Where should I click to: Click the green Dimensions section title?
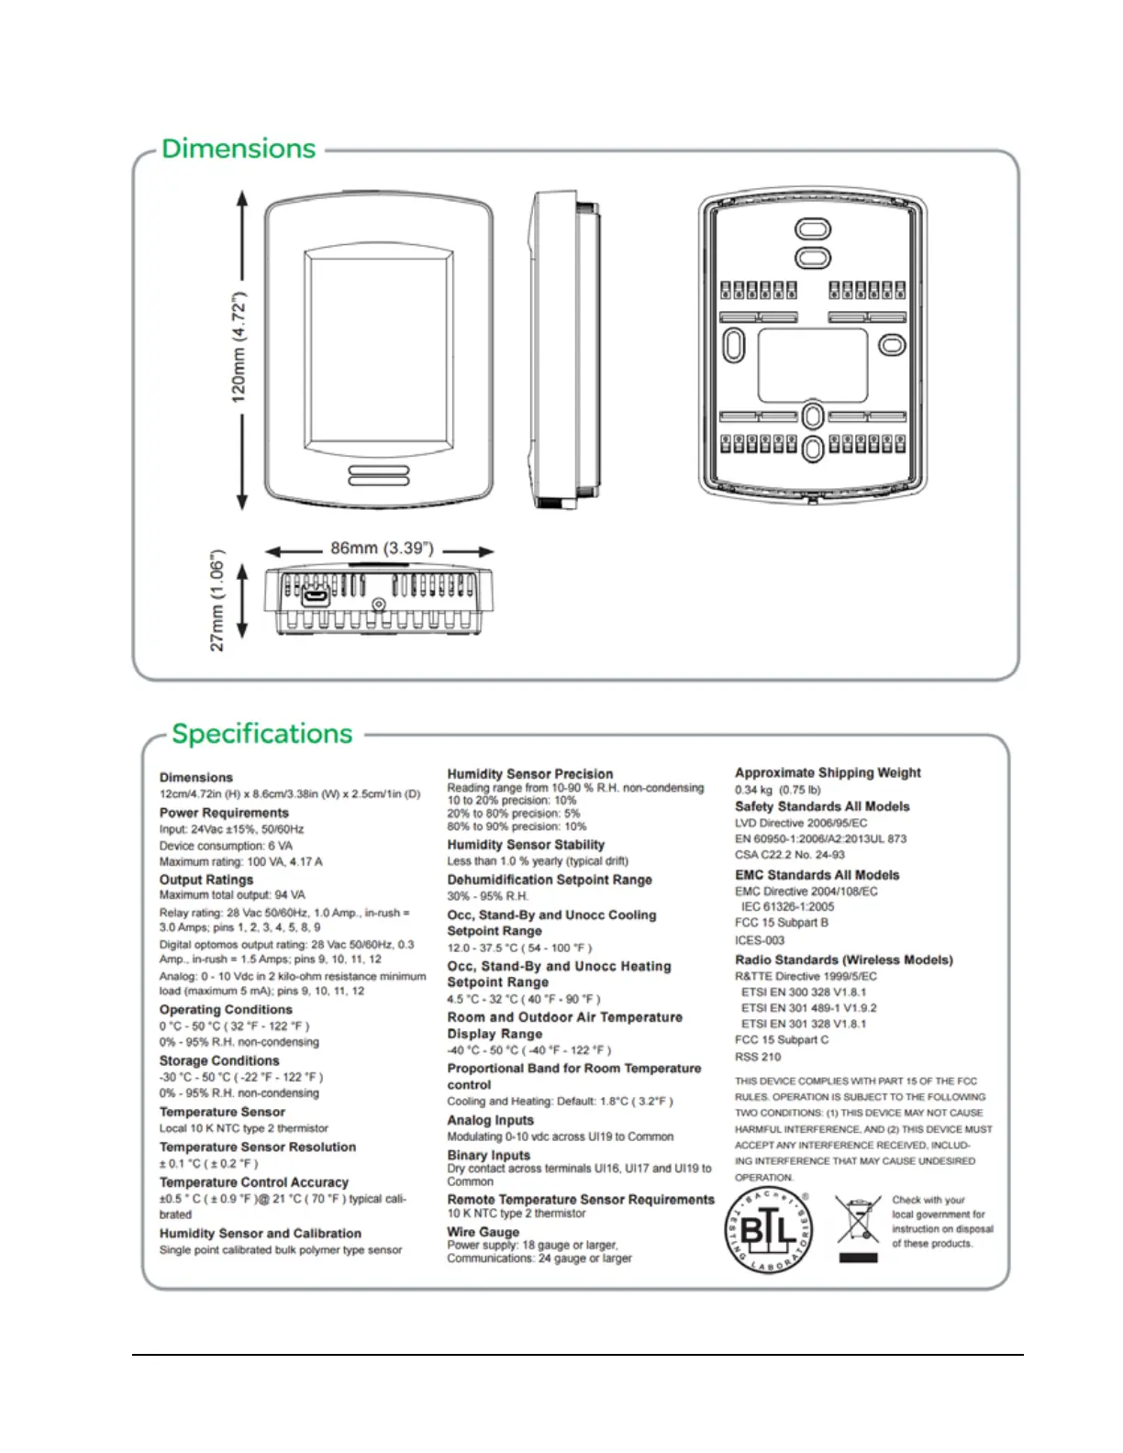(x=239, y=149)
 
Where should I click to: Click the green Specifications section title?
(x=261, y=734)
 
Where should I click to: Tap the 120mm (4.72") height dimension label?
(x=239, y=348)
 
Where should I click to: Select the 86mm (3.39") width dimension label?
(x=382, y=549)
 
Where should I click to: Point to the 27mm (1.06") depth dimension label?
(x=217, y=601)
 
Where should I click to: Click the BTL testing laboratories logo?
(x=768, y=1230)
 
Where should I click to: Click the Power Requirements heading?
(x=224, y=813)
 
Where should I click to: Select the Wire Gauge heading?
(x=483, y=1232)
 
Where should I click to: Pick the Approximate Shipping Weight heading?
(x=828, y=772)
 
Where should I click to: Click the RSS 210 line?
(x=758, y=1057)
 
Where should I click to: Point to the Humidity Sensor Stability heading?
(x=526, y=845)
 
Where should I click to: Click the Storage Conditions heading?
(x=219, y=1060)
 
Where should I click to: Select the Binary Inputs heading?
(x=488, y=1155)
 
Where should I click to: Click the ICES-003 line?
(x=760, y=940)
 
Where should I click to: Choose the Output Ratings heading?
(x=206, y=879)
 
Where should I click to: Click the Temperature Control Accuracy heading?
(x=254, y=1182)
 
